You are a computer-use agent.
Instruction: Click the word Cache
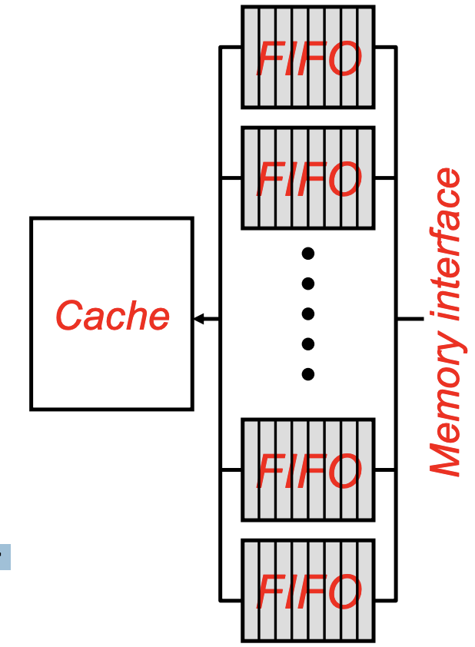112,316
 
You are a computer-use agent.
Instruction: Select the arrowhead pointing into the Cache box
198,318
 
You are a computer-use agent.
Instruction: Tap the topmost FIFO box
307,57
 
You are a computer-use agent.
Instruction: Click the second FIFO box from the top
307,178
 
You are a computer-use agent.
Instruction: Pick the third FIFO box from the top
307,469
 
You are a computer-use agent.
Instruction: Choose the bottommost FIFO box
307,590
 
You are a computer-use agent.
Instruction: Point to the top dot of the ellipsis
307,253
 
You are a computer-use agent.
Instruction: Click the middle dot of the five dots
307,314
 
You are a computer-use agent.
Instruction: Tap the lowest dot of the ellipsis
307,374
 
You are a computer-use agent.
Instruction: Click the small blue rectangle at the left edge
5,556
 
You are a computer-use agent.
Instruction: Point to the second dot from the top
307,284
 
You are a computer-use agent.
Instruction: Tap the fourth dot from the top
307,343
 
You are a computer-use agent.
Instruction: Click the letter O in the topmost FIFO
340,58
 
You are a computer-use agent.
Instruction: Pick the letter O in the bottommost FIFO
340,591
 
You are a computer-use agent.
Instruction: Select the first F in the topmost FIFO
270,58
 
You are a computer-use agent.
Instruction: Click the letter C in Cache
69,316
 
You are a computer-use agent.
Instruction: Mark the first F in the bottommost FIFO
270,591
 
